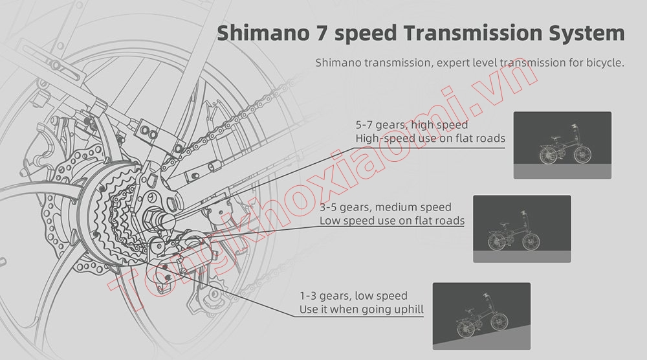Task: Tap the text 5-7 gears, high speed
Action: [x=411, y=124]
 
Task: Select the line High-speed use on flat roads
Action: [x=430, y=138]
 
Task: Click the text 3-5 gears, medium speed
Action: [x=386, y=207]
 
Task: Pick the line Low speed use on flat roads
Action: [x=392, y=221]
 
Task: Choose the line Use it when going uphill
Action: [x=361, y=309]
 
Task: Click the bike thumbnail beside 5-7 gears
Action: [x=562, y=145]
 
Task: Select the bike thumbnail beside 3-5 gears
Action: [x=522, y=229]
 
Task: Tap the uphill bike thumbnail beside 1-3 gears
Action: [x=481, y=316]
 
